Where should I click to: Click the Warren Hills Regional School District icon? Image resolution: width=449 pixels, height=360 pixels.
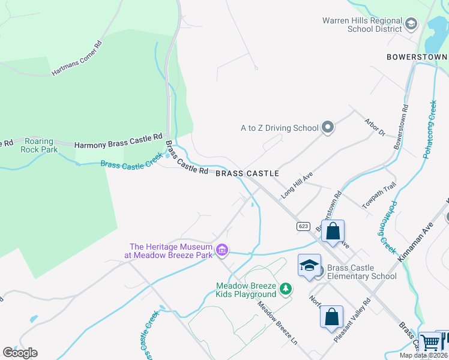tap(411, 24)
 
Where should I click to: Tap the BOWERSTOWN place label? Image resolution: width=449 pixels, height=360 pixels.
tap(417, 56)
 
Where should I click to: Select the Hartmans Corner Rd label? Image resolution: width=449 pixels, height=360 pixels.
tap(77, 58)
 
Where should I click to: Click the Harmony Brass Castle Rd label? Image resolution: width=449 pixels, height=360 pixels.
tap(118, 141)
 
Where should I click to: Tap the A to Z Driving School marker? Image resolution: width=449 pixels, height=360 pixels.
tap(327, 127)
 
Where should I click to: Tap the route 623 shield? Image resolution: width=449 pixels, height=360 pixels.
tap(303, 226)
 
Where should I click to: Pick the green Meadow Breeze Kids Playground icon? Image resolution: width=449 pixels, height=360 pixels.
tap(286, 289)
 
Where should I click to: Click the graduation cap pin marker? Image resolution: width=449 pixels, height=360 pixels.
tap(309, 266)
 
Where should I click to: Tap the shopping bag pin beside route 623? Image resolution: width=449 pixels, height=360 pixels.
tap(333, 232)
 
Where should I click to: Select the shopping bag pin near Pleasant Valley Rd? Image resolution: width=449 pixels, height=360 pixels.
tap(331, 317)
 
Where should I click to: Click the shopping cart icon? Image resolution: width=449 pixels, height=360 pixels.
tap(430, 343)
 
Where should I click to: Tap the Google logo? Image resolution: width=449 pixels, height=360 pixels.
tap(20, 353)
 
